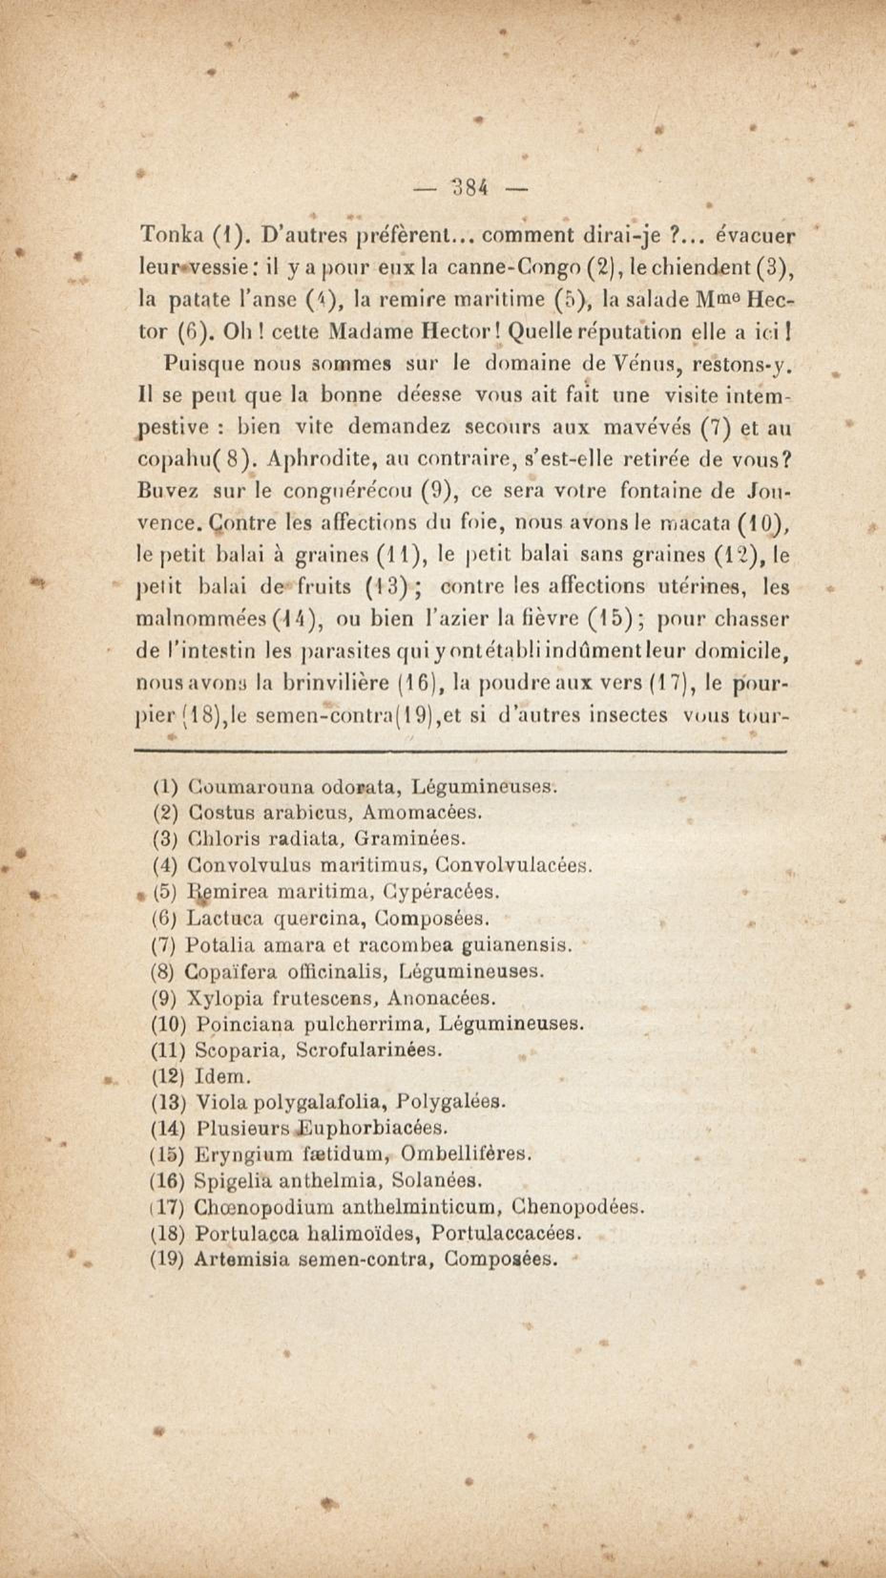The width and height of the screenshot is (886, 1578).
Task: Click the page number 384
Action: (470, 187)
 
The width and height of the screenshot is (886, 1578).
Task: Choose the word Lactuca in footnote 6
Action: (225, 918)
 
